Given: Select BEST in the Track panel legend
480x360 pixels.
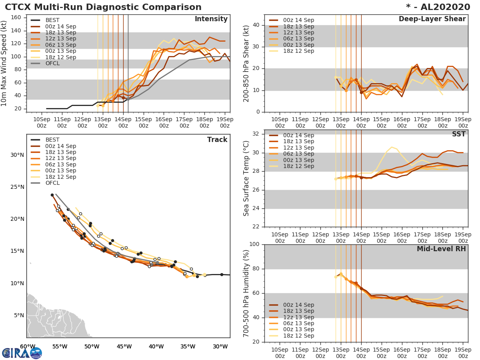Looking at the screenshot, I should [52, 140].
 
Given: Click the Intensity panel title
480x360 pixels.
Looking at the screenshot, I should [211, 19].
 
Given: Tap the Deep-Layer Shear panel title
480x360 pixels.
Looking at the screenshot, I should [432, 19].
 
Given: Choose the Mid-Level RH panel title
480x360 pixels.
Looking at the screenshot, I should [441, 249].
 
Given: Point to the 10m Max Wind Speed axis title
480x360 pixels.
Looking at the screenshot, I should [4, 62].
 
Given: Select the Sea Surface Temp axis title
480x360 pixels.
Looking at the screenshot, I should [247, 178].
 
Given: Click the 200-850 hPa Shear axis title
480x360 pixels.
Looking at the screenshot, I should [247, 64].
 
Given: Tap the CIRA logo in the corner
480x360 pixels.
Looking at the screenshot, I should [22, 353].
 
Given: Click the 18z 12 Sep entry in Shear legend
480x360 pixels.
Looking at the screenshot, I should [298, 51].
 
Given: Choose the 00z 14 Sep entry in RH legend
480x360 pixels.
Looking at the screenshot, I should [298, 305].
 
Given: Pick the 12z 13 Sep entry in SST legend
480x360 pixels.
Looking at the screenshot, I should [298, 148].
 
